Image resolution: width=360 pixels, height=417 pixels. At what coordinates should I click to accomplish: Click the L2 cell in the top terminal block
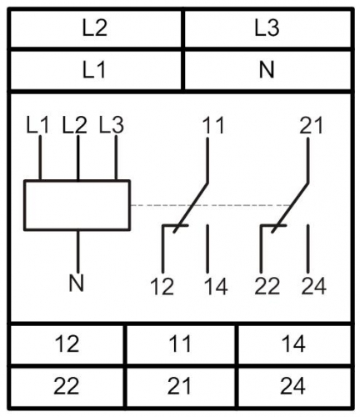coord(96,28)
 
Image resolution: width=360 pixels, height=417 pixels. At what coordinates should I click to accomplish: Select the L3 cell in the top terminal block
coord(267,28)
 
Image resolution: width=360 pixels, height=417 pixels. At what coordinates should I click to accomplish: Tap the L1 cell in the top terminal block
coord(96,70)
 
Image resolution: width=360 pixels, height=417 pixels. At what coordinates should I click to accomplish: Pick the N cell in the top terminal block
coord(267,70)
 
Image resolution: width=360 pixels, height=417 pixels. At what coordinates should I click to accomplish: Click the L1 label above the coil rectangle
coord(37,125)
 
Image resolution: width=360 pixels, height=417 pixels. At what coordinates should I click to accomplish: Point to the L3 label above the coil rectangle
coord(112,125)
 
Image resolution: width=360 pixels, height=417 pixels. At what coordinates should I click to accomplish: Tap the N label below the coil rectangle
coord(77,284)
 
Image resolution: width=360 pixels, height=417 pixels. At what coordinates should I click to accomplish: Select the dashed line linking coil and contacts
coord(211,205)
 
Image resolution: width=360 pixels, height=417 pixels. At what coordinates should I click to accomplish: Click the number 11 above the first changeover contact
coord(213,126)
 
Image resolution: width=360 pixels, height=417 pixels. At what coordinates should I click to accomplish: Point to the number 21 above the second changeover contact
coord(311,126)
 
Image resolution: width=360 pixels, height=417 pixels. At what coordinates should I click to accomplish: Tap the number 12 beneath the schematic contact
coord(162,286)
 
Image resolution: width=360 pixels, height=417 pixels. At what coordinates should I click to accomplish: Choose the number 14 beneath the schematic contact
coord(216,286)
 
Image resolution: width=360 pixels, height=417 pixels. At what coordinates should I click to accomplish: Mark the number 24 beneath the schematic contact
coord(313,286)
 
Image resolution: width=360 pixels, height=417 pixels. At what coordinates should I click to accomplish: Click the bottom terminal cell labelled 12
coord(67,344)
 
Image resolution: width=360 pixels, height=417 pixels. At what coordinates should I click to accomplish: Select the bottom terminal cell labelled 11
coord(181,344)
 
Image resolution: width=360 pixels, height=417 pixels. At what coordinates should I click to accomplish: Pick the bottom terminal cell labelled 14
coord(294,344)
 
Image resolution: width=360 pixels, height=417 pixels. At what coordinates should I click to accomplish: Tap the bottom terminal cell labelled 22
coord(67,386)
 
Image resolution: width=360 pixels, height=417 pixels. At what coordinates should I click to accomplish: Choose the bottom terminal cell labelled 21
coord(181,386)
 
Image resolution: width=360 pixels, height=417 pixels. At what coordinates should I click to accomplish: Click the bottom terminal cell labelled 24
coord(294,386)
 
